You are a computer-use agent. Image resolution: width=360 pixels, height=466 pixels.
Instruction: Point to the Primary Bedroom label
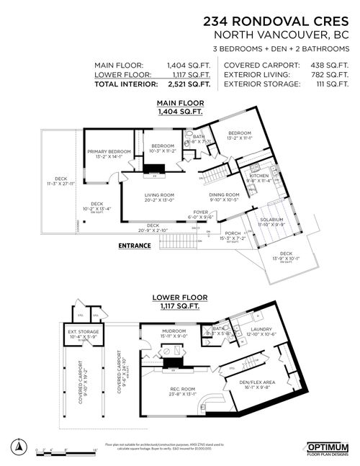click(109, 151)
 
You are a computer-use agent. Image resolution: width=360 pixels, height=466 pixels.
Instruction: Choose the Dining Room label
click(224, 194)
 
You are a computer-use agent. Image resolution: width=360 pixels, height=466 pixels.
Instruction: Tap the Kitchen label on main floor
click(259, 175)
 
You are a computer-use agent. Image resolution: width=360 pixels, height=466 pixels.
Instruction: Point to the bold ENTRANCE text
click(135, 245)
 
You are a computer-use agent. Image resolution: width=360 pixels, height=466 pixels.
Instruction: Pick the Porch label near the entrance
click(233, 233)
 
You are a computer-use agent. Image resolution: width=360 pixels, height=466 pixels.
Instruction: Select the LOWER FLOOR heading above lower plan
click(176, 297)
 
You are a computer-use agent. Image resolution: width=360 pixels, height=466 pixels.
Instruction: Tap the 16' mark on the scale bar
click(95, 449)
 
